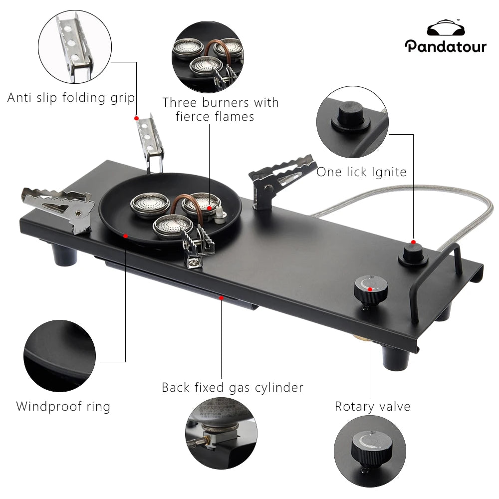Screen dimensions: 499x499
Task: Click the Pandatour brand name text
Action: (x=445, y=46)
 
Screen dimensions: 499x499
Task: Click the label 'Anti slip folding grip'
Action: (x=71, y=97)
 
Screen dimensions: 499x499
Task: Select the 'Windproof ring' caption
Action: (x=63, y=406)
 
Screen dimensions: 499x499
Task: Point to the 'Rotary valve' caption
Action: (x=372, y=406)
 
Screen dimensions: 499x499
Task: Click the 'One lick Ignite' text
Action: (x=361, y=172)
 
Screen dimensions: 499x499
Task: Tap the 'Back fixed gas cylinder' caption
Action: (x=232, y=387)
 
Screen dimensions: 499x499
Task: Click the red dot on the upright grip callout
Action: (x=136, y=118)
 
